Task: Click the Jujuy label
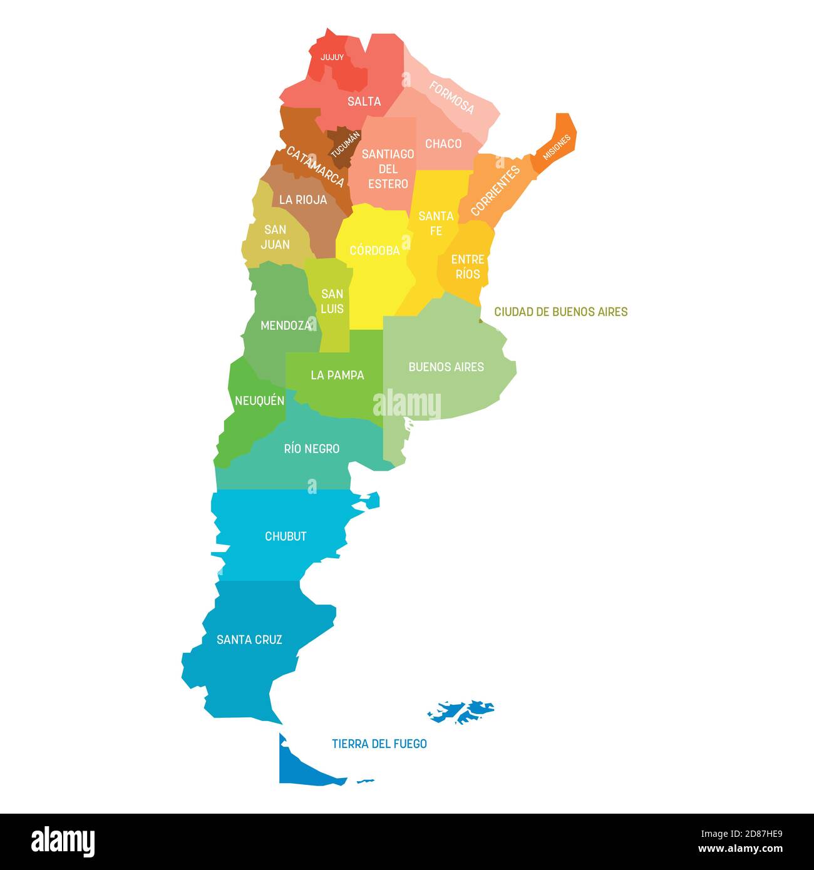click(x=332, y=58)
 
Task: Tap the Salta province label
click(x=364, y=101)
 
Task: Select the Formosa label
click(x=451, y=97)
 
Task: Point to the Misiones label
click(x=556, y=148)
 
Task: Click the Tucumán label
click(x=345, y=143)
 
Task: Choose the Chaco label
click(x=443, y=144)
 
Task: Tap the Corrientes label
click(x=495, y=191)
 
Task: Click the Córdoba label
click(x=374, y=250)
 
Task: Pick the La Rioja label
click(x=303, y=200)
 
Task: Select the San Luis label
click(x=332, y=301)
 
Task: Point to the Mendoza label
click(x=286, y=325)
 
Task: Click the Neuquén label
click(x=259, y=401)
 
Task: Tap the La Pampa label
click(x=337, y=375)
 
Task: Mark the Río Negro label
click(x=311, y=449)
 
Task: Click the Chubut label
click(x=286, y=536)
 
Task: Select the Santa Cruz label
click(x=249, y=640)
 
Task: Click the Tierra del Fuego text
click(x=379, y=744)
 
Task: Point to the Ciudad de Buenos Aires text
click(x=560, y=312)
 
